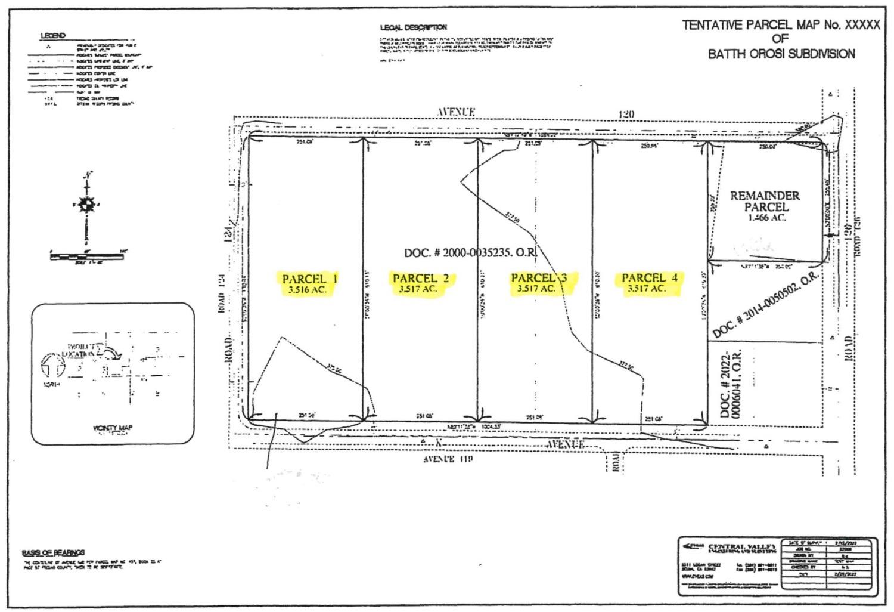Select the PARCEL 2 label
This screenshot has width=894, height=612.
421,278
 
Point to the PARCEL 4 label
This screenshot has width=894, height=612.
650,277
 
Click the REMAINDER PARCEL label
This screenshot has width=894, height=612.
765,201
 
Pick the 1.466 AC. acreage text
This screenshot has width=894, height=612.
766,218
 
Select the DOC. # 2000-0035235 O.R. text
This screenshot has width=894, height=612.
471,253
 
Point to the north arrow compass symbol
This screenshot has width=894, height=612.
88,205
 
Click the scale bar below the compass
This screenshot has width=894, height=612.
87,256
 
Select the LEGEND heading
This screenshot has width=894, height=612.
53,36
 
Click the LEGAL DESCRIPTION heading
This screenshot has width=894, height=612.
413,27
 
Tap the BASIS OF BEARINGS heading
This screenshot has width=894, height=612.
53,552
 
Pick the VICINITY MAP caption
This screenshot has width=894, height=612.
113,428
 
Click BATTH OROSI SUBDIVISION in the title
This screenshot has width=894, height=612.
781,54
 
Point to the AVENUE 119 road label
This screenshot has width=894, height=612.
448,459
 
